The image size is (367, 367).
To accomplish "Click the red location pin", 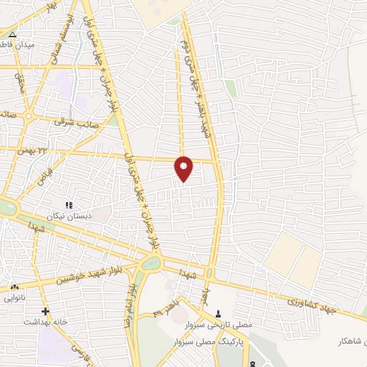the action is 184,168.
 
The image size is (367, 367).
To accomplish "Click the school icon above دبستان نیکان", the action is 69,206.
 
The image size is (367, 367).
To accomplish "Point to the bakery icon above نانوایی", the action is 14,287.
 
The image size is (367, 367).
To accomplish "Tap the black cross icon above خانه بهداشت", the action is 45,311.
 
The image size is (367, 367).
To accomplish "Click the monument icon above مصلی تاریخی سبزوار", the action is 219,313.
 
